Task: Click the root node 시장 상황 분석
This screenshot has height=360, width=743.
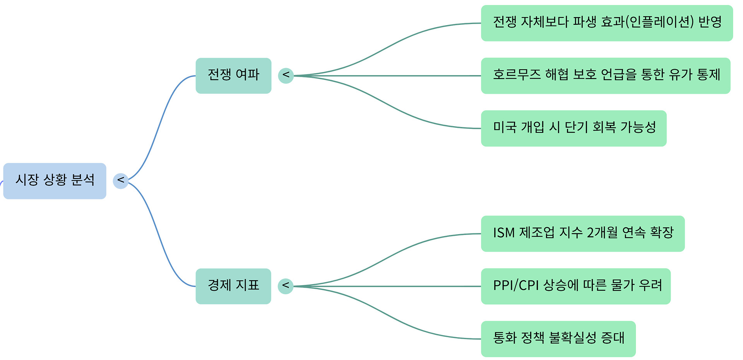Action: click(x=55, y=181)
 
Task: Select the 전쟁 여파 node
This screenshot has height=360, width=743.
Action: click(x=233, y=75)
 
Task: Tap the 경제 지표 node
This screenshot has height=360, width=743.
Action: click(x=233, y=286)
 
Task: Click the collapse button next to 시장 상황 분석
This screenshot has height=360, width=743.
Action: click(x=121, y=181)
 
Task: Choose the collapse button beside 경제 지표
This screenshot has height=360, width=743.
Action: click(x=286, y=286)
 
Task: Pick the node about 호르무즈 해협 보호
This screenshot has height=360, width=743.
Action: click(x=606, y=75)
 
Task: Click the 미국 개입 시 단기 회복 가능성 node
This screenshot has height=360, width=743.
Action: click(x=574, y=128)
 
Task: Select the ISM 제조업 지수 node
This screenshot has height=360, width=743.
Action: click(x=583, y=233)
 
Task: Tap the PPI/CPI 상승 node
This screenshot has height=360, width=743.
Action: click(x=576, y=286)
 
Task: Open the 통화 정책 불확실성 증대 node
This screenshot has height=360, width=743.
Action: click(x=558, y=339)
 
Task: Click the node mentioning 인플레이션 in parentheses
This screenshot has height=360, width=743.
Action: click(x=607, y=23)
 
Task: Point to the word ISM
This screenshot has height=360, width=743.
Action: click(x=503, y=233)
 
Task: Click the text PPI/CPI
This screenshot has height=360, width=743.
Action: click(x=516, y=286)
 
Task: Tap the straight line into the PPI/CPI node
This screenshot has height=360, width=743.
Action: click(x=387, y=286)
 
